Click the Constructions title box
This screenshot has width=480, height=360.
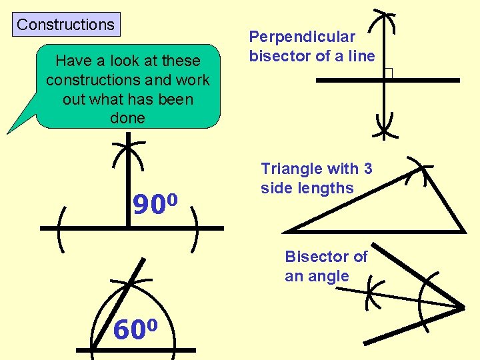pyautogui.click(x=66, y=25)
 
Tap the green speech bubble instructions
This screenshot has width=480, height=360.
pyautogui.click(x=127, y=89)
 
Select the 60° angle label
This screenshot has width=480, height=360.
pyautogui.click(x=135, y=329)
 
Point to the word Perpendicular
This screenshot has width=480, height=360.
pyautogui.click(x=302, y=37)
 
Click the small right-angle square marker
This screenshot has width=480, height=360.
pyautogui.click(x=389, y=74)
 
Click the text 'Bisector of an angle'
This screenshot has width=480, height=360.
pyautogui.click(x=326, y=266)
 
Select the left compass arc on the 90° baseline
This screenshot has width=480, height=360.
pyautogui.click(x=62, y=229)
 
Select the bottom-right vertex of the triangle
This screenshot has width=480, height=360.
pyautogui.click(x=463, y=231)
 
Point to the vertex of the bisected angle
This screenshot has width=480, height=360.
pyautogui.click(x=462, y=308)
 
